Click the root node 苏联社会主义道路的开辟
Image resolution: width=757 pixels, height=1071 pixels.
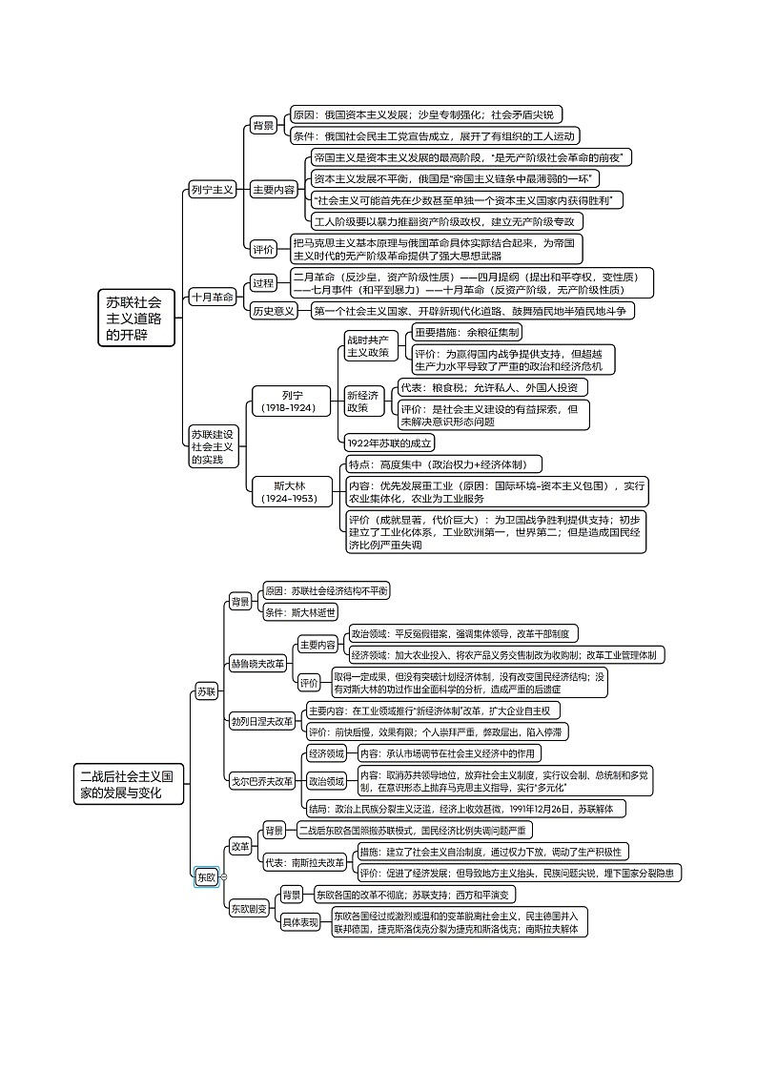[x=139, y=318]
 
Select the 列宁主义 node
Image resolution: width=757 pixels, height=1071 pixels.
[x=211, y=190]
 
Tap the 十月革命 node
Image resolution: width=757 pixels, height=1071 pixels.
[x=211, y=297]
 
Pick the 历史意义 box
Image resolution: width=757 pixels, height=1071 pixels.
[x=273, y=311]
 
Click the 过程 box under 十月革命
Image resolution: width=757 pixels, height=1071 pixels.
[x=263, y=282]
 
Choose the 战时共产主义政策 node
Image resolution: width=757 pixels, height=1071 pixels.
[x=367, y=345]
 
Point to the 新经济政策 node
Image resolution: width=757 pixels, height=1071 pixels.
[x=362, y=401]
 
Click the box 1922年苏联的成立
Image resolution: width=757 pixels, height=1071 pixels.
[x=389, y=443]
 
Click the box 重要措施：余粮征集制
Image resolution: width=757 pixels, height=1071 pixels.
[x=467, y=333]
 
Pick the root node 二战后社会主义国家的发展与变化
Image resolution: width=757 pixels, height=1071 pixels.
[x=131, y=784]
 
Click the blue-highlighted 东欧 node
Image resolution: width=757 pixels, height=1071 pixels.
[x=206, y=876]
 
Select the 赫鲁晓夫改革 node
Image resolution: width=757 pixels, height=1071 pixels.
[x=256, y=663]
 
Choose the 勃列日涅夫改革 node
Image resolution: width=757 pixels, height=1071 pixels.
[x=261, y=721]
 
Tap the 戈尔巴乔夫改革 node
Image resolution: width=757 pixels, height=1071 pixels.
[x=261, y=781]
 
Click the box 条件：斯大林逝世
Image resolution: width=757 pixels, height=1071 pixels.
[x=299, y=612]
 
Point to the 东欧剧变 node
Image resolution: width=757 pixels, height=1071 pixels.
[x=249, y=909]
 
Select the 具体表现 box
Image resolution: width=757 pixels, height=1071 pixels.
[x=301, y=922]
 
